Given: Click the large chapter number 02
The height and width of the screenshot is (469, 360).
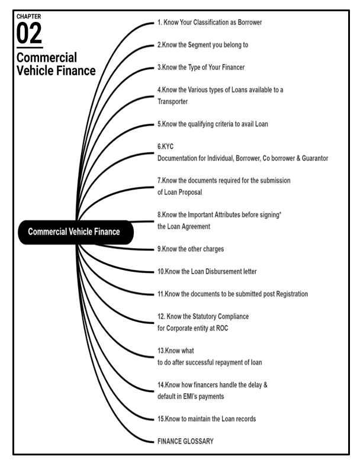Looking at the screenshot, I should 29,34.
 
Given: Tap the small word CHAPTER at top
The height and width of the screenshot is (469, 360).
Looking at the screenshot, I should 29,16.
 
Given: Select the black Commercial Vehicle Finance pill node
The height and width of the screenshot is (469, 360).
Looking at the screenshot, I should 74,232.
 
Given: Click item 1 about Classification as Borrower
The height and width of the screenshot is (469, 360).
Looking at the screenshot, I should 210,23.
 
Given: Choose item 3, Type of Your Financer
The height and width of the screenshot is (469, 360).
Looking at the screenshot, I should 201,68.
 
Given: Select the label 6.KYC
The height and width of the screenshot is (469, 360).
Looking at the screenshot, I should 166,147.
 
